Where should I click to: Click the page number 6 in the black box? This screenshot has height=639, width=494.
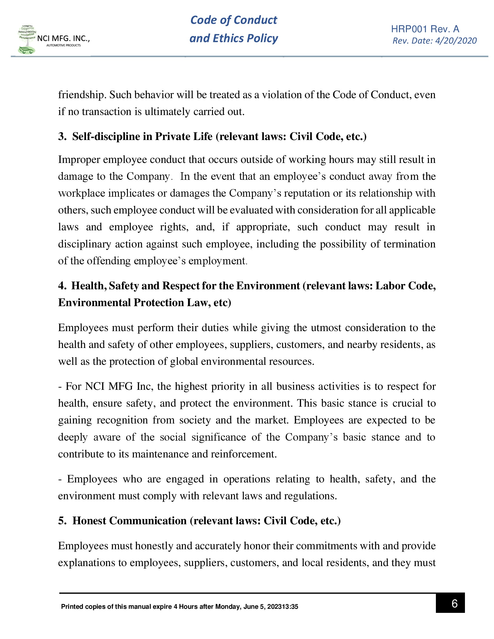(x=454, y=603)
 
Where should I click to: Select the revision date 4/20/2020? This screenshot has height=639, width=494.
(x=456, y=41)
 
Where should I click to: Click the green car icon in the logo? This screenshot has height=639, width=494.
(x=26, y=51)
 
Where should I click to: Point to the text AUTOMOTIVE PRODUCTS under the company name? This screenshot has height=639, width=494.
(x=64, y=45)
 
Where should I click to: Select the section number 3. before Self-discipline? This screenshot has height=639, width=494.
(x=62, y=137)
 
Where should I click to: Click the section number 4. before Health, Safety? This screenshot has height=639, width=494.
(x=62, y=286)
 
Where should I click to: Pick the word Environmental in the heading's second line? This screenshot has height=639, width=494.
(x=94, y=303)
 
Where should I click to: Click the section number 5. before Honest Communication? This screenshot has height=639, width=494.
(x=62, y=521)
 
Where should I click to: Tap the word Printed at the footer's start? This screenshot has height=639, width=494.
(x=72, y=606)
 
